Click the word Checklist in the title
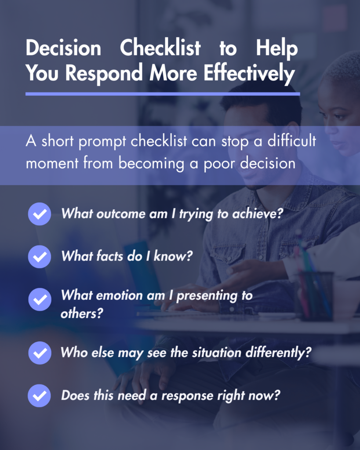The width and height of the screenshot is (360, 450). (x=160, y=47)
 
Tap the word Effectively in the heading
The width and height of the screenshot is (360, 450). (x=249, y=73)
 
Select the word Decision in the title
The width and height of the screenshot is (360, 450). (x=63, y=47)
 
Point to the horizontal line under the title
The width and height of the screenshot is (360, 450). (x=163, y=94)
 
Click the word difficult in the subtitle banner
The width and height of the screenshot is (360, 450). (x=292, y=141)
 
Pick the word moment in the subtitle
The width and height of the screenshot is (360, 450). (x=52, y=163)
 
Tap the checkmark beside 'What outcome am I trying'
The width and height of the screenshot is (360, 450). (x=40, y=214)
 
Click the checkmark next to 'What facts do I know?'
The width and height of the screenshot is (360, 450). (x=40, y=257)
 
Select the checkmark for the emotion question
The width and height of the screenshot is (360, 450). (x=40, y=299)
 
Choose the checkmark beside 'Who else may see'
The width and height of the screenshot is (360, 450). (x=40, y=353)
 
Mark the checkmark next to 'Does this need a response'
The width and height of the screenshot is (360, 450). (x=39, y=396)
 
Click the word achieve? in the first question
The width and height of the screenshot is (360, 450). (x=258, y=214)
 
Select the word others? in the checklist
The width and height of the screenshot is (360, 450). (x=82, y=313)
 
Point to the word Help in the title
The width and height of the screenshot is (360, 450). (x=277, y=48)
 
